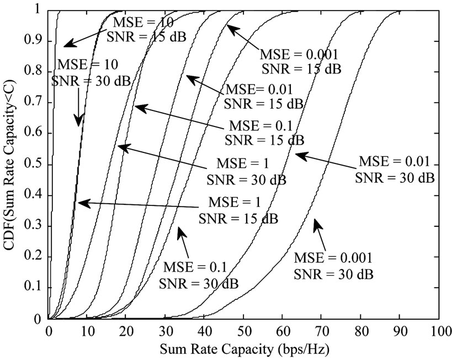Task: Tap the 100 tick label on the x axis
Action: (439, 331)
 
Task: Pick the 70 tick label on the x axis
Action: (321, 331)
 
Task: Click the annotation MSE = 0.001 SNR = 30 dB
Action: (333, 266)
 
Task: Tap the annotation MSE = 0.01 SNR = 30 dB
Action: (395, 170)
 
